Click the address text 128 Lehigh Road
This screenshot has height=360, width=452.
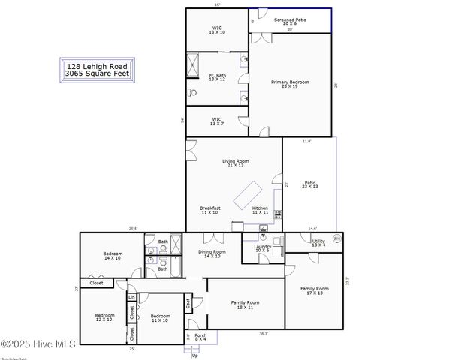coord(97,66)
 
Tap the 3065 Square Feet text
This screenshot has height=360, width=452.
coord(97,73)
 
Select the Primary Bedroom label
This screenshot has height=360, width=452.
coord(290,84)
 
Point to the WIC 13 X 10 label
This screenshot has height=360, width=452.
coord(217,30)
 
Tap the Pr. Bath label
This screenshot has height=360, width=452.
coord(217,77)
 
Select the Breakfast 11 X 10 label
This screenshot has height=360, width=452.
coord(210,211)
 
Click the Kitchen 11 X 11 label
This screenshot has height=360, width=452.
coord(261,211)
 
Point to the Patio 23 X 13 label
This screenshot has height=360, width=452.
coord(310,184)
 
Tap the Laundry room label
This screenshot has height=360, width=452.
coord(262,248)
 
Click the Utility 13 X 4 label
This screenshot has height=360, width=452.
coord(318,243)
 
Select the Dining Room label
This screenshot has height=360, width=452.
coord(212,254)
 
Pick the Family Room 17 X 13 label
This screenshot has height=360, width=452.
coord(315,290)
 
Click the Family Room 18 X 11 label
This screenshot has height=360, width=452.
coord(245,305)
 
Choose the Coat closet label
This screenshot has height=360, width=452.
coord(188,303)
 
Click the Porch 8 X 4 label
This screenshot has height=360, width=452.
coord(200,337)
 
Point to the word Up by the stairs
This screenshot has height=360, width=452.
coord(196,355)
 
